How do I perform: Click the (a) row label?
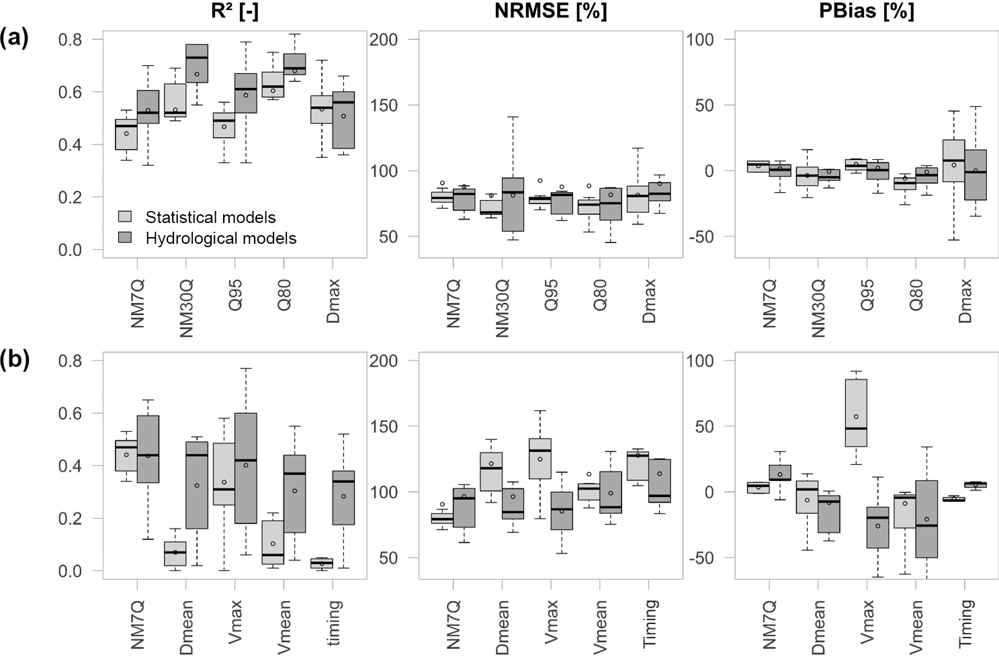coord(14,38)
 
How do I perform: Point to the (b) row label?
coord(14,360)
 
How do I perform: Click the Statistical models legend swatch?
coord(125,217)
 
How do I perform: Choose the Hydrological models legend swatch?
coord(125,238)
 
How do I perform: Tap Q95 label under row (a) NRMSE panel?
coord(551,296)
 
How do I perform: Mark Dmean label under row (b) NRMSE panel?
coord(502,625)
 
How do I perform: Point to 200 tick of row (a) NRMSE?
coord(385,40)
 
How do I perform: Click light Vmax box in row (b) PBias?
coord(856,412)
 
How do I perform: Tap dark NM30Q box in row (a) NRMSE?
coord(513,204)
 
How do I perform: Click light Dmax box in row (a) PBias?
coord(953,160)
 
